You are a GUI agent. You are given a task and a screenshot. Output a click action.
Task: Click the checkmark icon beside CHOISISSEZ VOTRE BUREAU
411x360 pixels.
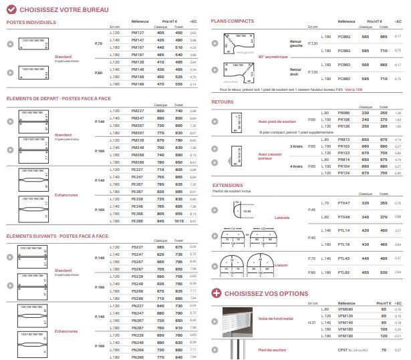11,9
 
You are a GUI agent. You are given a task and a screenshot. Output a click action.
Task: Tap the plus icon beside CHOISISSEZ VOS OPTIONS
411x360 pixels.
217,293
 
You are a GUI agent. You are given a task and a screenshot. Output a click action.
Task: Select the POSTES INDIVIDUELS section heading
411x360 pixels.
31,22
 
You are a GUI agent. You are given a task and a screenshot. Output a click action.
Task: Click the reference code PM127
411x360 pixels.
138,32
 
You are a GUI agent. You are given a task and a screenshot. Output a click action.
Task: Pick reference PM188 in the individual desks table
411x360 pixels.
138,84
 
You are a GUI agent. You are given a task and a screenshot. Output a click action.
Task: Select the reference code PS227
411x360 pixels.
138,247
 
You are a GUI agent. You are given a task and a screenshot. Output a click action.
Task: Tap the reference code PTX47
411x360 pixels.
345,203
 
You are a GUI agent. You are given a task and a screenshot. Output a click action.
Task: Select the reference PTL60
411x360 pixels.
345,272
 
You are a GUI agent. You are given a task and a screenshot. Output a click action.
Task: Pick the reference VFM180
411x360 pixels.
346,335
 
